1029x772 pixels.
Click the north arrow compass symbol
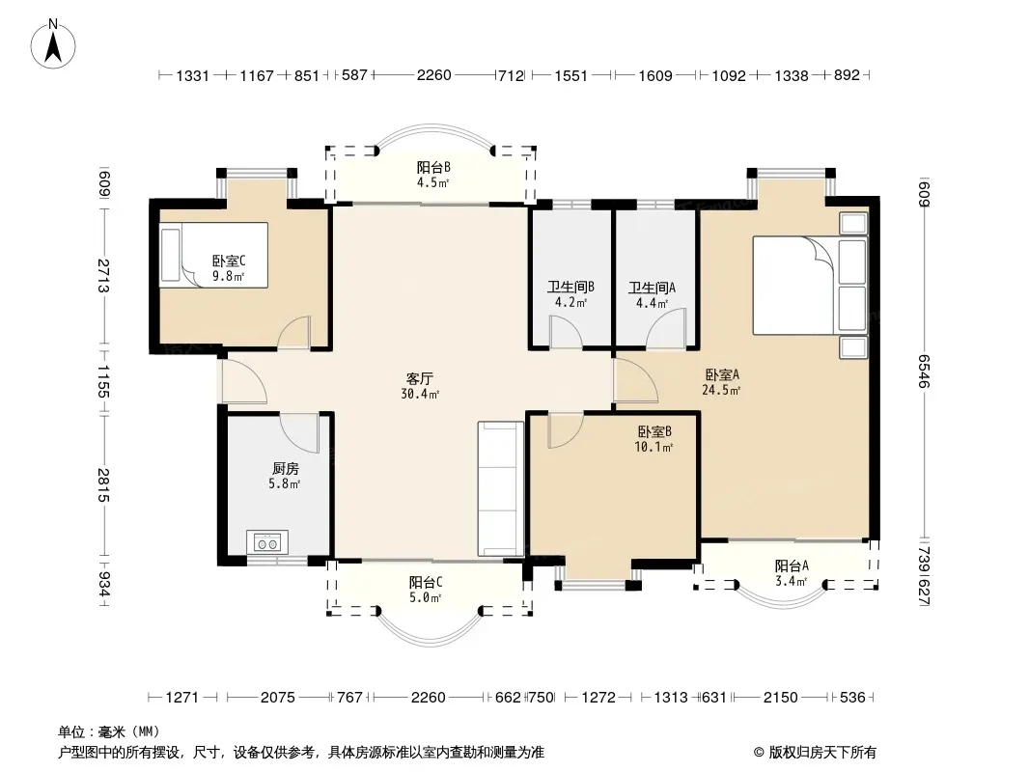(53, 43)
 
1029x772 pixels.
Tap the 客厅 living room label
(419, 378)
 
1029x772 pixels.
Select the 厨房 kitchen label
(286, 468)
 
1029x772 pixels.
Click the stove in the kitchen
(267, 542)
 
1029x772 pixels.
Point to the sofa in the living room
(501, 488)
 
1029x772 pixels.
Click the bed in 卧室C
(213, 255)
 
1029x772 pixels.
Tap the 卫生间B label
(570, 288)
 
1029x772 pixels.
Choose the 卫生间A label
(652, 288)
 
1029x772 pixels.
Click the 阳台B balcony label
(433, 167)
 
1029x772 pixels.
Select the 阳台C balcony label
(426, 582)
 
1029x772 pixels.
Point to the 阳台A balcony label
(792, 565)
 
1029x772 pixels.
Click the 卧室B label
(654, 431)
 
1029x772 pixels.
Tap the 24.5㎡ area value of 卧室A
(721, 390)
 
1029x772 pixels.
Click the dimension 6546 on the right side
(924, 372)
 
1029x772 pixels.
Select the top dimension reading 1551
(570, 75)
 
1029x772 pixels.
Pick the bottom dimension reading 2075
(278, 697)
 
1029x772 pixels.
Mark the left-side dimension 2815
(103, 484)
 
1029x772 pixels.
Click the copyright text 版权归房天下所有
(821, 753)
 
